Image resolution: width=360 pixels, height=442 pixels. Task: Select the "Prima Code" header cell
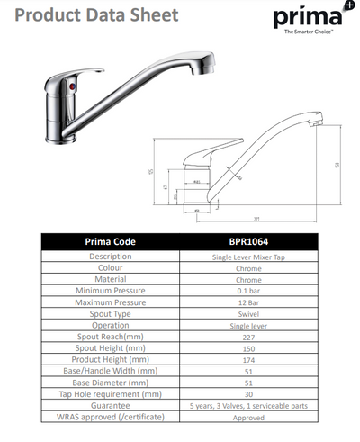pyautogui.click(x=110, y=241)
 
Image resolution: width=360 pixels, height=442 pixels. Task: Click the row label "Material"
pyautogui.click(x=110, y=279)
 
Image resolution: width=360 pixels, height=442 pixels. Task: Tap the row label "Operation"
pyautogui.click(x=110, y=324)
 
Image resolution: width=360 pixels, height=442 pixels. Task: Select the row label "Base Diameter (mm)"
pyautogui.click(x=110, y=382)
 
